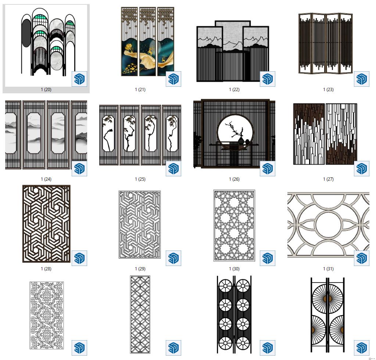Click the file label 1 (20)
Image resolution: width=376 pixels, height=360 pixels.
click(46, 90)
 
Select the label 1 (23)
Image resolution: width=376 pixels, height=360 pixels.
click(328, 90)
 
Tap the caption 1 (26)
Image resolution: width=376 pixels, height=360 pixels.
click(234, 179)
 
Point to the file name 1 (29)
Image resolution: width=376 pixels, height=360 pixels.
click(140, 269)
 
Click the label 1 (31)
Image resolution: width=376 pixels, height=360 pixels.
click(328, 269)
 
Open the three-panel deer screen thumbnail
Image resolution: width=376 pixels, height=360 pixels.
click(147, 42)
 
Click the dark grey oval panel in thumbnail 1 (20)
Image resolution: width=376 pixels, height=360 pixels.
click(26, 33)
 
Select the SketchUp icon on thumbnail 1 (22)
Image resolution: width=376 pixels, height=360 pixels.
click(267, 79)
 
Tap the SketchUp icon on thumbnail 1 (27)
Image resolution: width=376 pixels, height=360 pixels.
click(362, 169)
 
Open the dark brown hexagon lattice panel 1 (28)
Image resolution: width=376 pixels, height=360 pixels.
click(47, 224)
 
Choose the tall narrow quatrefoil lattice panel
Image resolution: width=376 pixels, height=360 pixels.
click(140, 315)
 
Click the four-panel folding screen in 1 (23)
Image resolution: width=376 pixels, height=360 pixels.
click(326, 43)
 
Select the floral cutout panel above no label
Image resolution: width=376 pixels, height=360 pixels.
click(47, 316)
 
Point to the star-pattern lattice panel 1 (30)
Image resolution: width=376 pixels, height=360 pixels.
click(234, 226)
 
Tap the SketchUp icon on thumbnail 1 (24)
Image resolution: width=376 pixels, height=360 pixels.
click(79, 169)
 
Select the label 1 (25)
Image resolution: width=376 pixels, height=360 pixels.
click(140, 179)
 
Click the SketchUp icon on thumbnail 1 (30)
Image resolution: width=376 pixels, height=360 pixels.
click(267, 258)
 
